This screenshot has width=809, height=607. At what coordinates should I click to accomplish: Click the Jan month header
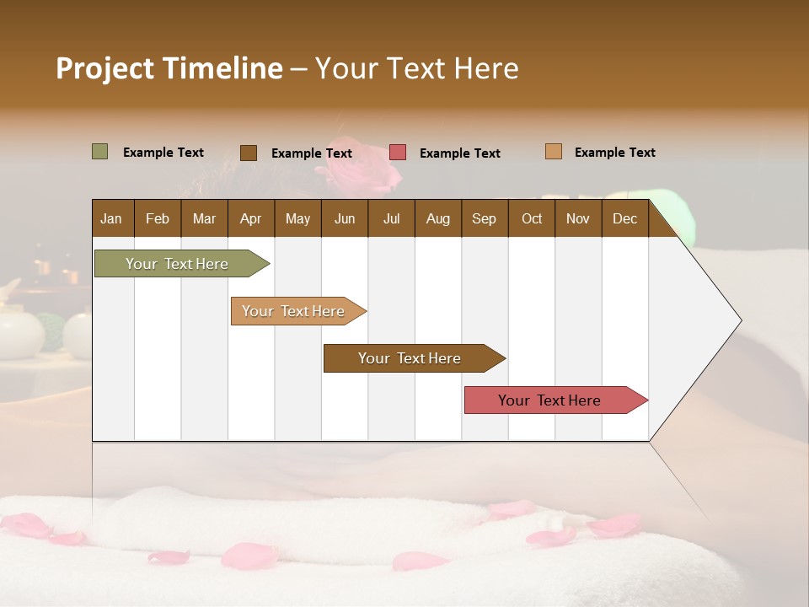(x=111, y=218)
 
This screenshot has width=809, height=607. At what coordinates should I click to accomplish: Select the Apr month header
(x=250, y=218)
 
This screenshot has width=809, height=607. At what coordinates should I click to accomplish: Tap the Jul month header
(x=391, y=218)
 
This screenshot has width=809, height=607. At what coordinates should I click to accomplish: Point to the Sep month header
(x=484, y=218)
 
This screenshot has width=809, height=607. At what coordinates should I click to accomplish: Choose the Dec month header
(x=624, y=218)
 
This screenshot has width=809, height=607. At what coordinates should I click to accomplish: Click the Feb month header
(x=158, y=218)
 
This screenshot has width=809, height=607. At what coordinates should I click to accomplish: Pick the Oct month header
(x=532, y=218)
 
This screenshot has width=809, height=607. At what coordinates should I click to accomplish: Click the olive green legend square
(x=100, y=152)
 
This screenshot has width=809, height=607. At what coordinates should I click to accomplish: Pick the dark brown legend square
(x=249, y=153)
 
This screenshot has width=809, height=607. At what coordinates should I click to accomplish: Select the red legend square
(x=398, y=153)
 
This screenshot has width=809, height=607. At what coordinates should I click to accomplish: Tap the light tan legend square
(x=554, y=152)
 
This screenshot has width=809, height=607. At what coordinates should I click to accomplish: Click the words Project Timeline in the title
(x=169, y=68)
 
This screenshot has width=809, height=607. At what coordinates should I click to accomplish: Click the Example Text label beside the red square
(x=459, y=153)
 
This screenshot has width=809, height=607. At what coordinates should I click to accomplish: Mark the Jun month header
(x=345, y=218)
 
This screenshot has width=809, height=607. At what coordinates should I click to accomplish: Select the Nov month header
(x=578, y=218)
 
